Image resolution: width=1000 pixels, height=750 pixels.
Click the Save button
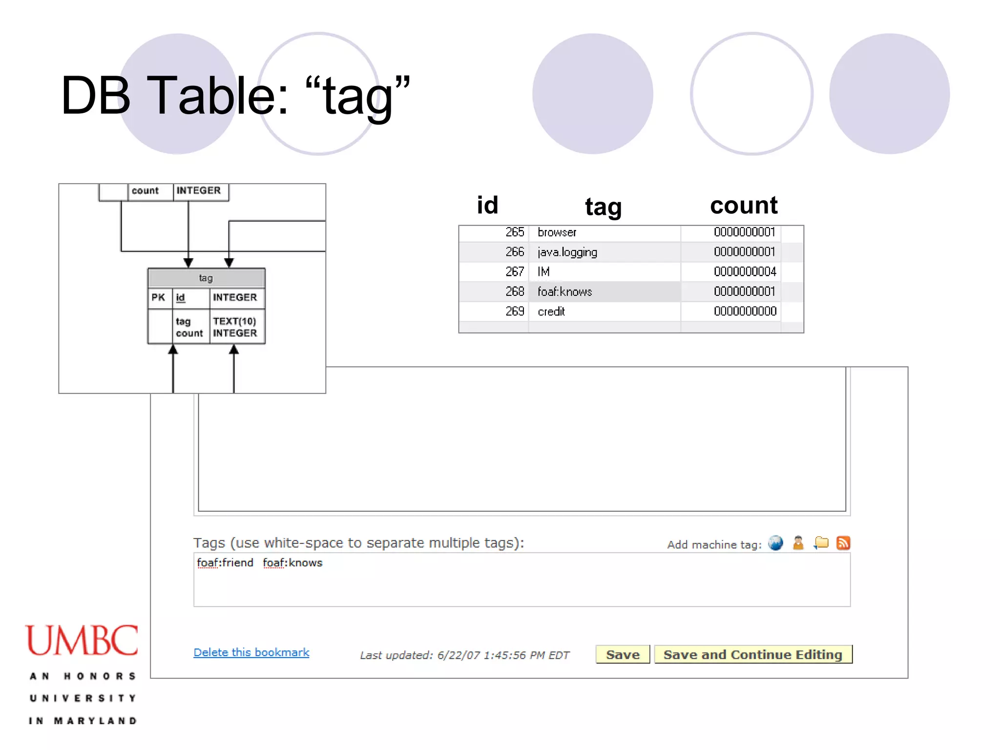coord(623,654)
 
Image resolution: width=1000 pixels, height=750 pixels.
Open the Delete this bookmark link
coord(251,652)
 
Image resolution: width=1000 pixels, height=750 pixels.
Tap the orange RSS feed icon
coord(843,543)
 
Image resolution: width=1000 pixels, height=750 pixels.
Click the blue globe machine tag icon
coord(775,543)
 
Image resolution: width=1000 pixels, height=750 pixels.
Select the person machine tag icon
coord(798,543)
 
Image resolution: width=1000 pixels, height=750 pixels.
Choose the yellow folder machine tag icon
coord(821,543)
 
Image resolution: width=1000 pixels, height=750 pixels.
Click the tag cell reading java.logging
coord(567,252)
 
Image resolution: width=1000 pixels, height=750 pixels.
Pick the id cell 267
coord(515,271)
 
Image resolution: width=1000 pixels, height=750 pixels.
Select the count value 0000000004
coord(745,271)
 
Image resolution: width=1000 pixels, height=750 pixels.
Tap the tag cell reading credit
coord(551,312)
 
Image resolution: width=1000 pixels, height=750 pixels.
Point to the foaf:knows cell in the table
coord(565,292)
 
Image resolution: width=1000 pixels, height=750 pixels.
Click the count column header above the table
coord(744,205)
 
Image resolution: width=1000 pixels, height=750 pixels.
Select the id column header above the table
coord(487,205)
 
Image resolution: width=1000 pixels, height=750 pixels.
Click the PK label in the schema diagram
coord(158,297)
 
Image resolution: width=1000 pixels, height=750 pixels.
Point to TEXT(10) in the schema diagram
coord(234,321)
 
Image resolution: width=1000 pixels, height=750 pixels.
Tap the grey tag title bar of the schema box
coord(206,278)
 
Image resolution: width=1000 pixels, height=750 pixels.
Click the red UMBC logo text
coord(82,640)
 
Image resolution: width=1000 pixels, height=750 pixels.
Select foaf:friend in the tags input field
coord(225,563)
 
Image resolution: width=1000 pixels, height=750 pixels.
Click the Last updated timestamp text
coord(464,655)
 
